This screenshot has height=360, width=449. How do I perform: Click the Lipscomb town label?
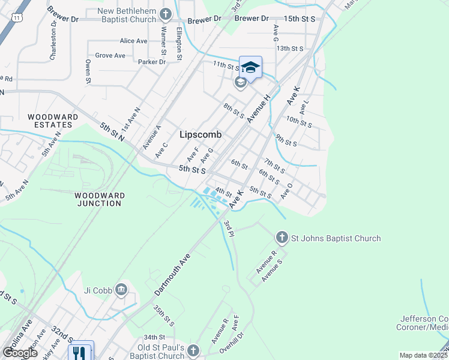click(200, 135)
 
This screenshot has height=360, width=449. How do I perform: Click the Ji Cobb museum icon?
click(122, 290)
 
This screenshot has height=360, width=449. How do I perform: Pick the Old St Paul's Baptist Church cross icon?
click(193, 350)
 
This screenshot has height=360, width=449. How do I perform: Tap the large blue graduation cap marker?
click(250, 67)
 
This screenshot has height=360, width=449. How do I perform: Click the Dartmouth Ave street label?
click(172, 274)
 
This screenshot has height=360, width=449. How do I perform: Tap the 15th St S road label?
click(300, 19)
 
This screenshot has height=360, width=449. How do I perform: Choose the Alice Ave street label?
click(133, 41)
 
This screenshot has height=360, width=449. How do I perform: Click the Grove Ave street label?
click(110, 56)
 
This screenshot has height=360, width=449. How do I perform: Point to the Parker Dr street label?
click(151, 62)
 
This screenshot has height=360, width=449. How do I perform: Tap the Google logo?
click(20, 353)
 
